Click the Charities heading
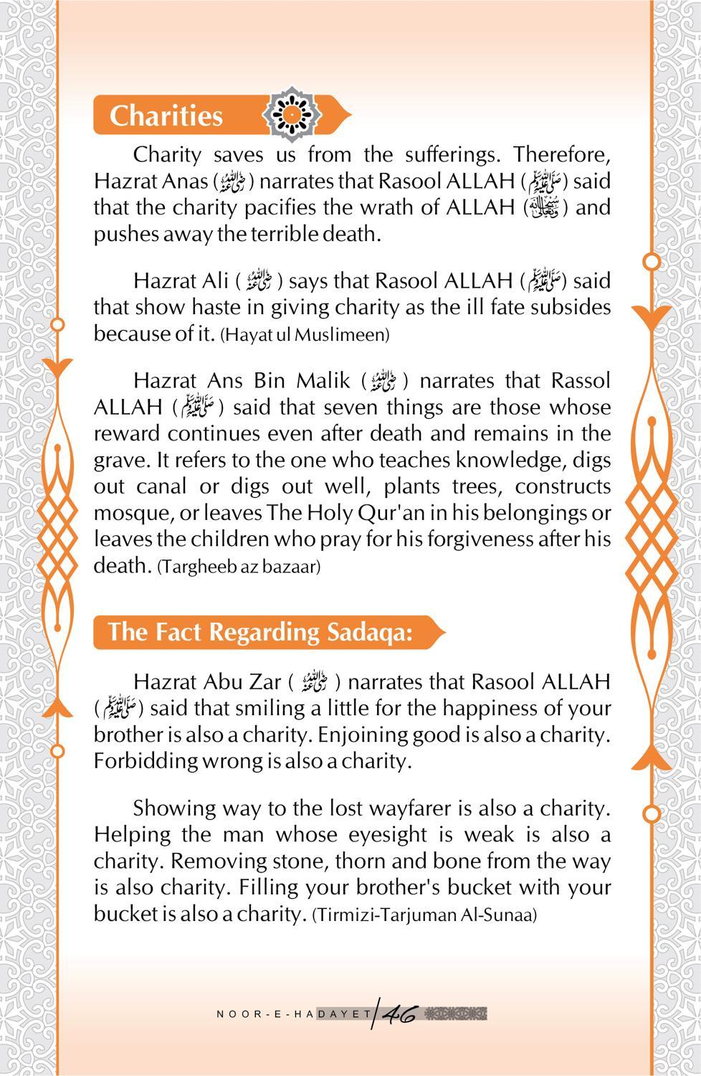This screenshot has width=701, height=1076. point(166,116)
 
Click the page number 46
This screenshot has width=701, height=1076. point(400,1014)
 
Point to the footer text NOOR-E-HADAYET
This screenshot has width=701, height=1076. point(294,1014)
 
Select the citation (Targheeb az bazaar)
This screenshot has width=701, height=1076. point(239,567)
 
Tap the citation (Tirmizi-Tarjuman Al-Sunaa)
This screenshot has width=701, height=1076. point(424,915)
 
